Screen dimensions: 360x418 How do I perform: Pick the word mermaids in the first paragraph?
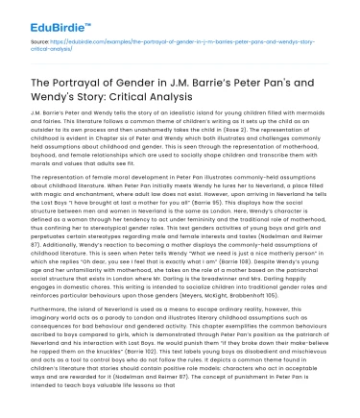pos(308,113)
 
